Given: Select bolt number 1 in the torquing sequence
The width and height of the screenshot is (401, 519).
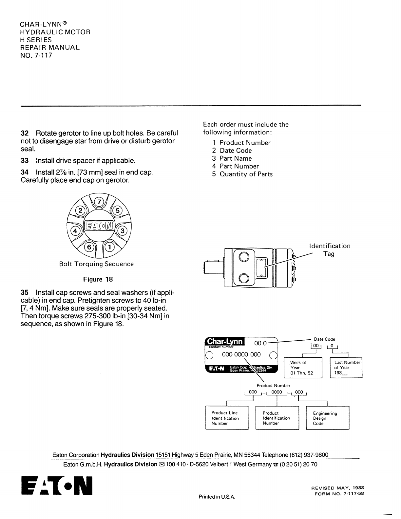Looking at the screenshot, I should [x=110, y=247].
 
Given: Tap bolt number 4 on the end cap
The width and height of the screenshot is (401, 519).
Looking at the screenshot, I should [x=76, y=231].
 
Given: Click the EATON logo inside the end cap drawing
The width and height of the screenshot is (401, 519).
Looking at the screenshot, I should [x=99, y=225].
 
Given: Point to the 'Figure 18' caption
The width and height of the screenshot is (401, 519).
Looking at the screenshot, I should [x=98, y=279].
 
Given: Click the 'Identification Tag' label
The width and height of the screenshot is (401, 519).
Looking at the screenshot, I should [x=330, y=250].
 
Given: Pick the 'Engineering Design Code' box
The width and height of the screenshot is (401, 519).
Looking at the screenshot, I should [x=327, y=418].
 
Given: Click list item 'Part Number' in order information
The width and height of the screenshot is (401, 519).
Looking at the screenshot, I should [x=239, y=166].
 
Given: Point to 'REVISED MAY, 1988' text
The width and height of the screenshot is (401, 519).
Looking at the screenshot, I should [x=337, y=488].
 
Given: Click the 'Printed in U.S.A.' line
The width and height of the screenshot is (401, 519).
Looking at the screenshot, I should [x=217, y=497].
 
